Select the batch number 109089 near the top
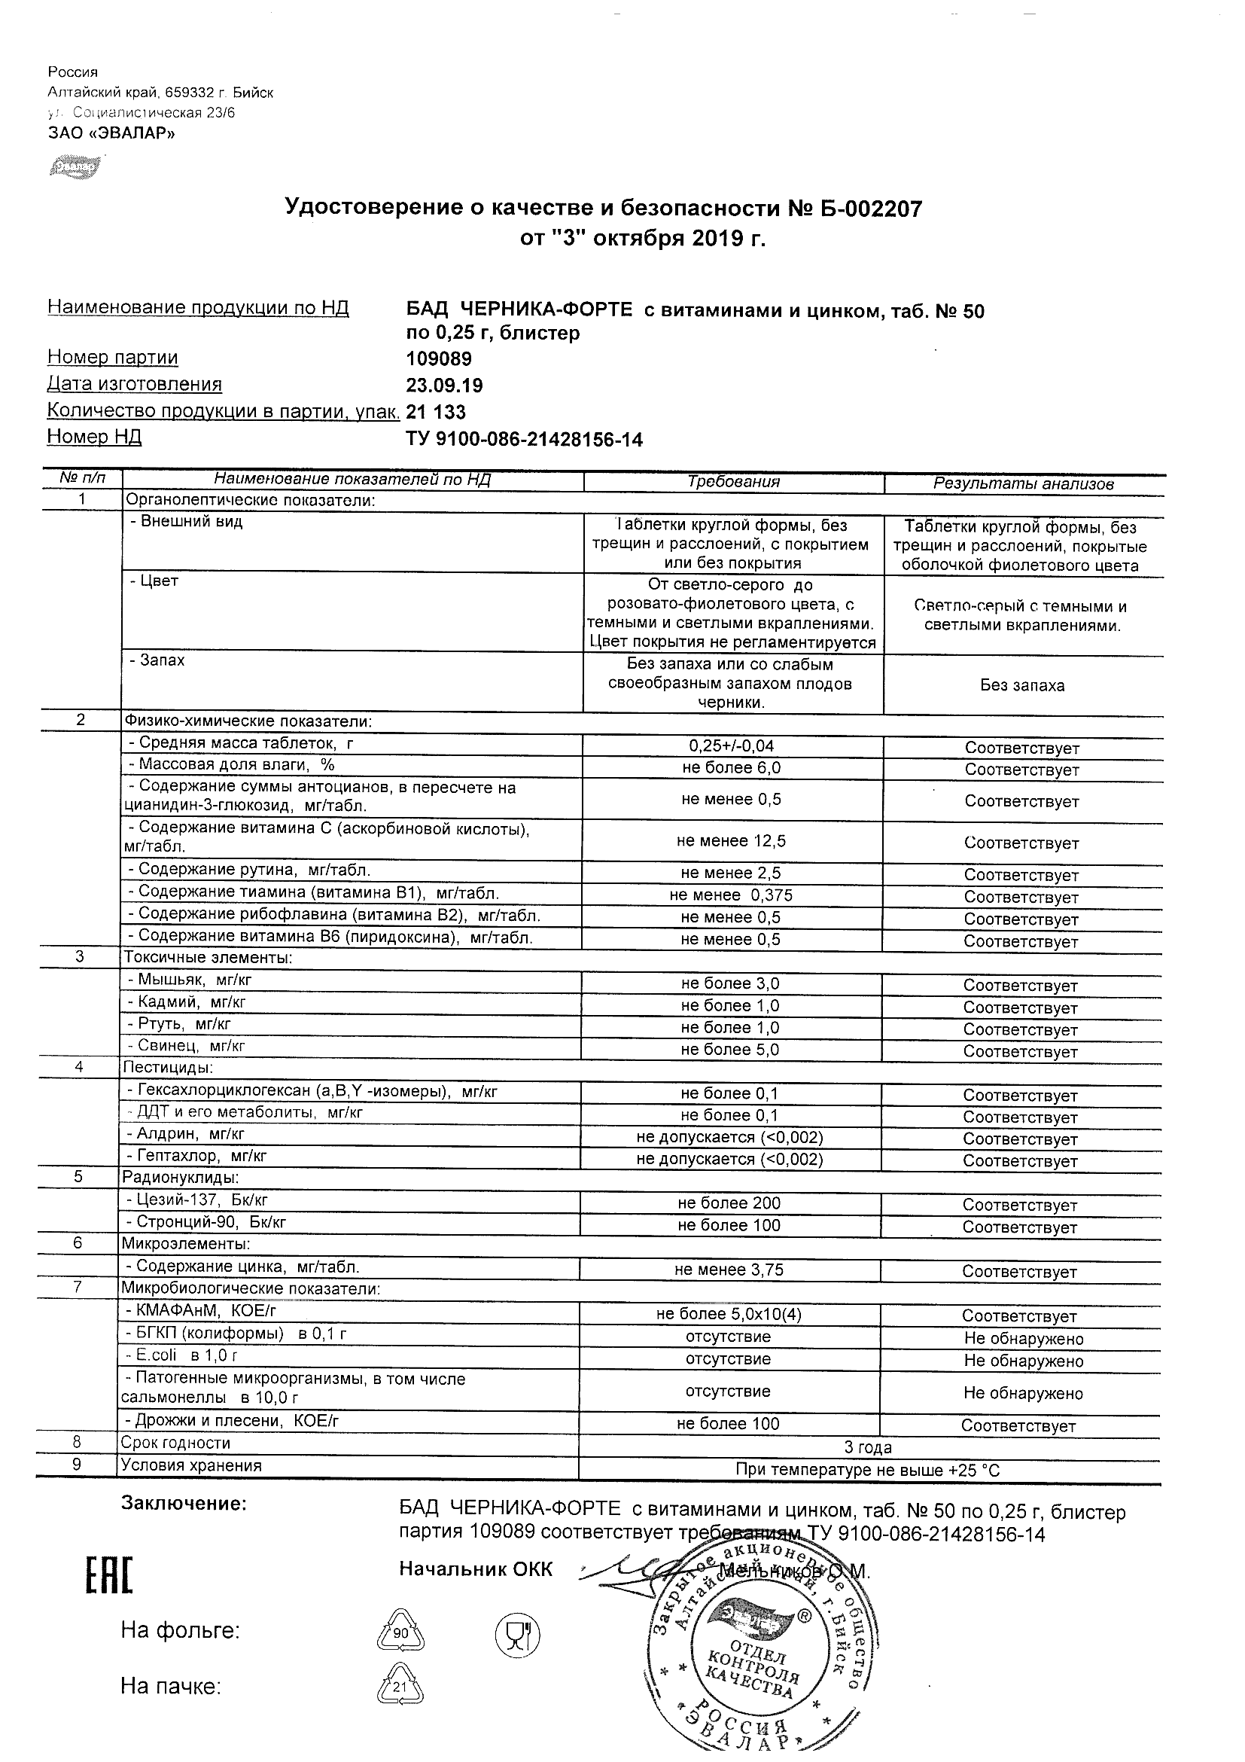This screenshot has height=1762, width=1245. click(x=439, y=359)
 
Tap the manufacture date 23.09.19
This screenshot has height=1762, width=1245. click(x=444, y=386)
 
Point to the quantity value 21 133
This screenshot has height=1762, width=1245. click(x=436, y=412)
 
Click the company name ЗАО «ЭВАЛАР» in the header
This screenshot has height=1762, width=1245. click(x=111, y=133)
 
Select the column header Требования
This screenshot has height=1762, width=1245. click(x=733, y=482)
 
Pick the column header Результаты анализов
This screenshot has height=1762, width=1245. click(x=1023, y=483)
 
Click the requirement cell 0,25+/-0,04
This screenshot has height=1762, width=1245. click(x=732, y=745)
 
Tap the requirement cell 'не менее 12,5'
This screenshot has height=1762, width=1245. click(x=731, y=841)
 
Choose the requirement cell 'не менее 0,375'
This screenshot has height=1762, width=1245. click(x=731, y=895)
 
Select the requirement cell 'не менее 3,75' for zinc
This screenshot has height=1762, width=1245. click(x=729, y=1270)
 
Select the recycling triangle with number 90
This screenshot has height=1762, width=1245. click(x=400, y=1629)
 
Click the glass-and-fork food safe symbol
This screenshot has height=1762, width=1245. click(x=518, y=1629)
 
